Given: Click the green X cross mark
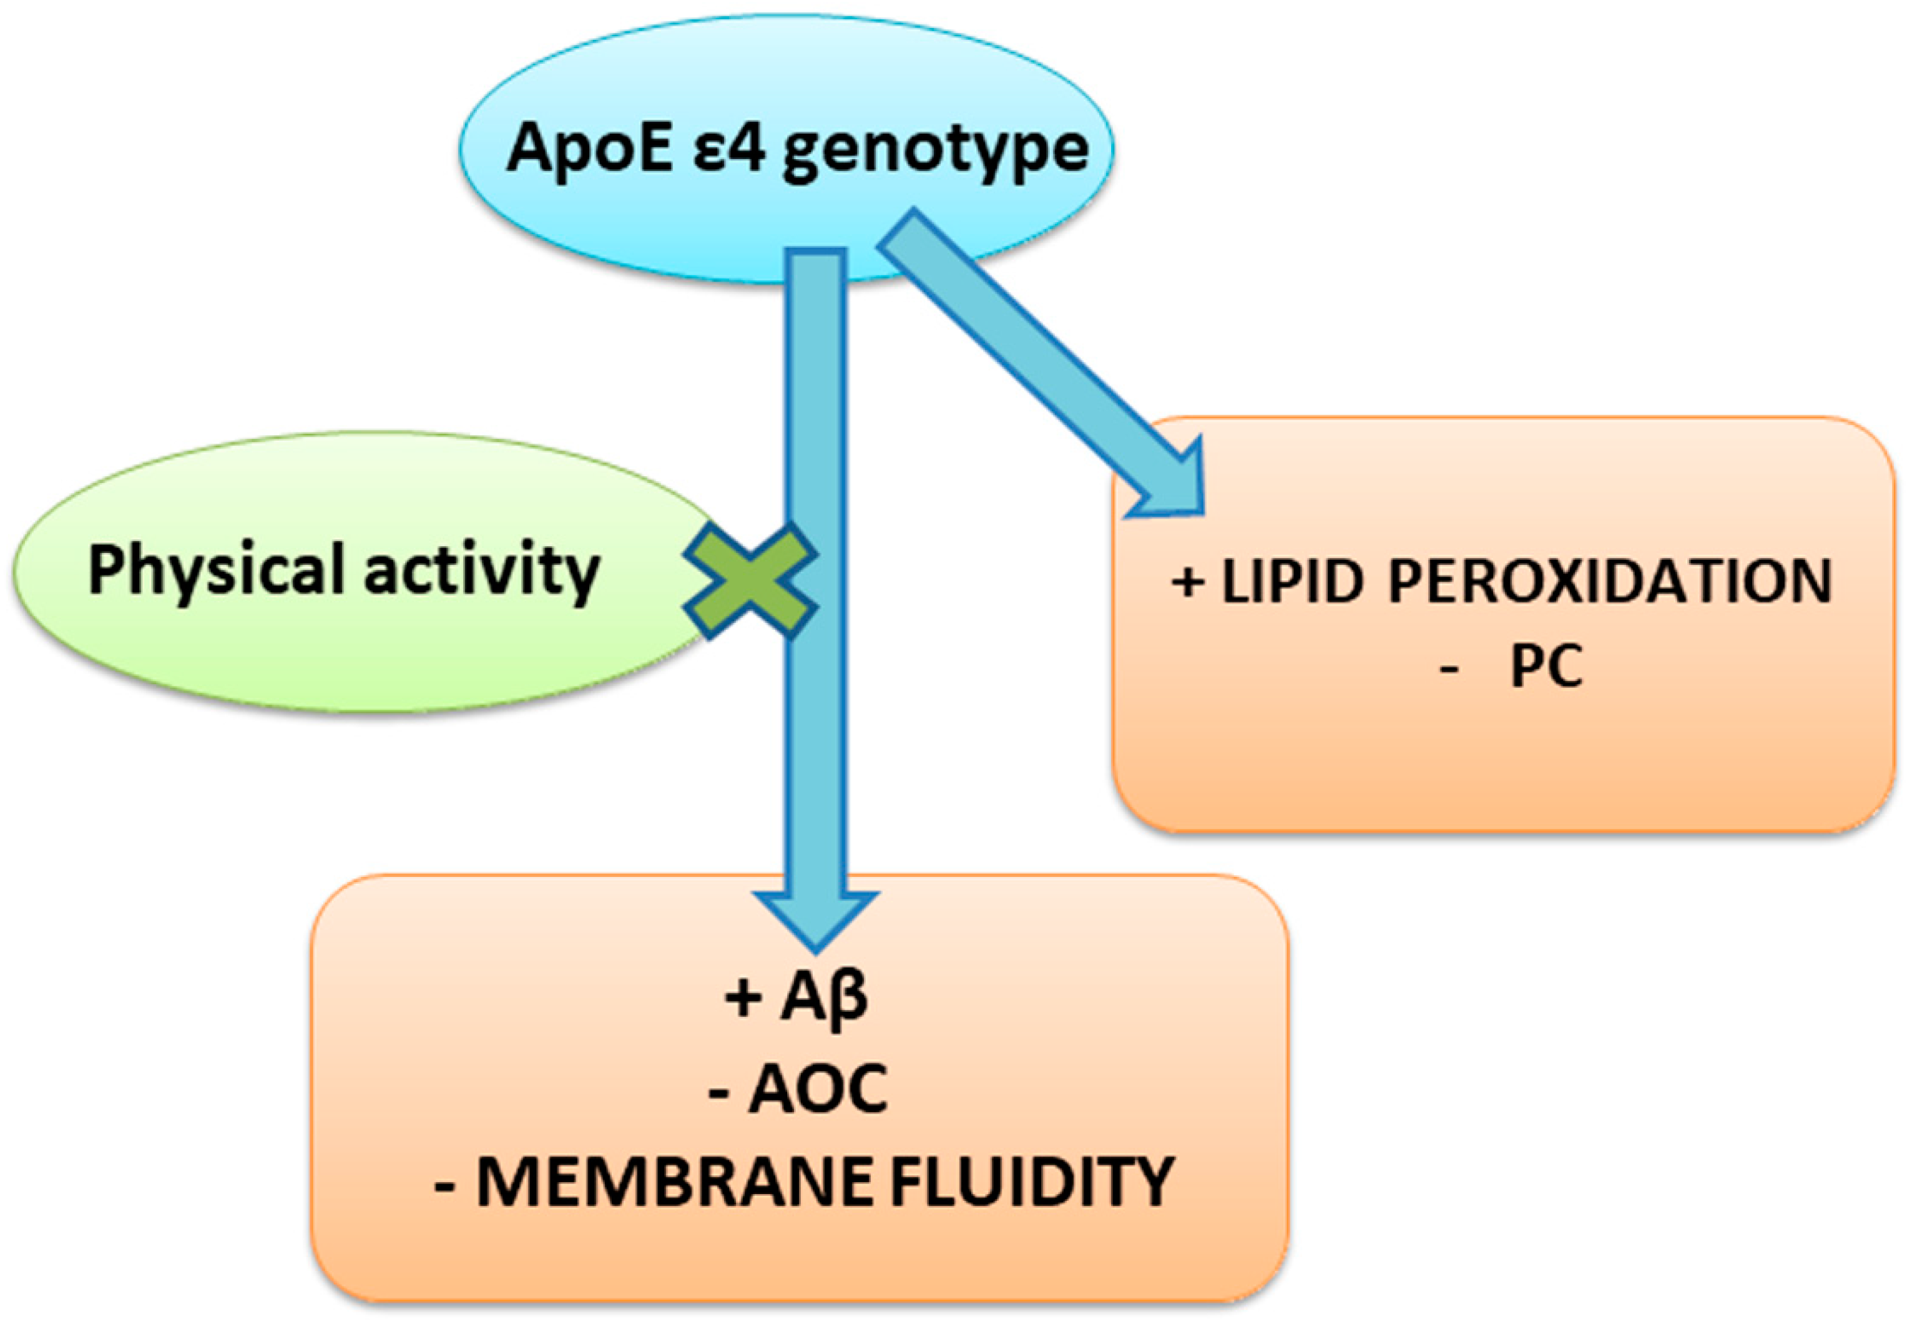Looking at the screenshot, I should [x=750, y=581].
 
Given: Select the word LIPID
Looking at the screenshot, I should [x=1292, y=581].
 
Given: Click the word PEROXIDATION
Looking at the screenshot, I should [x=1610, y=581].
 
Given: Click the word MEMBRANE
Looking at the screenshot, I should [x=674, y=1183].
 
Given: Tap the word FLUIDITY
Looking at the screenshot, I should [x=1032, y=1183].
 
